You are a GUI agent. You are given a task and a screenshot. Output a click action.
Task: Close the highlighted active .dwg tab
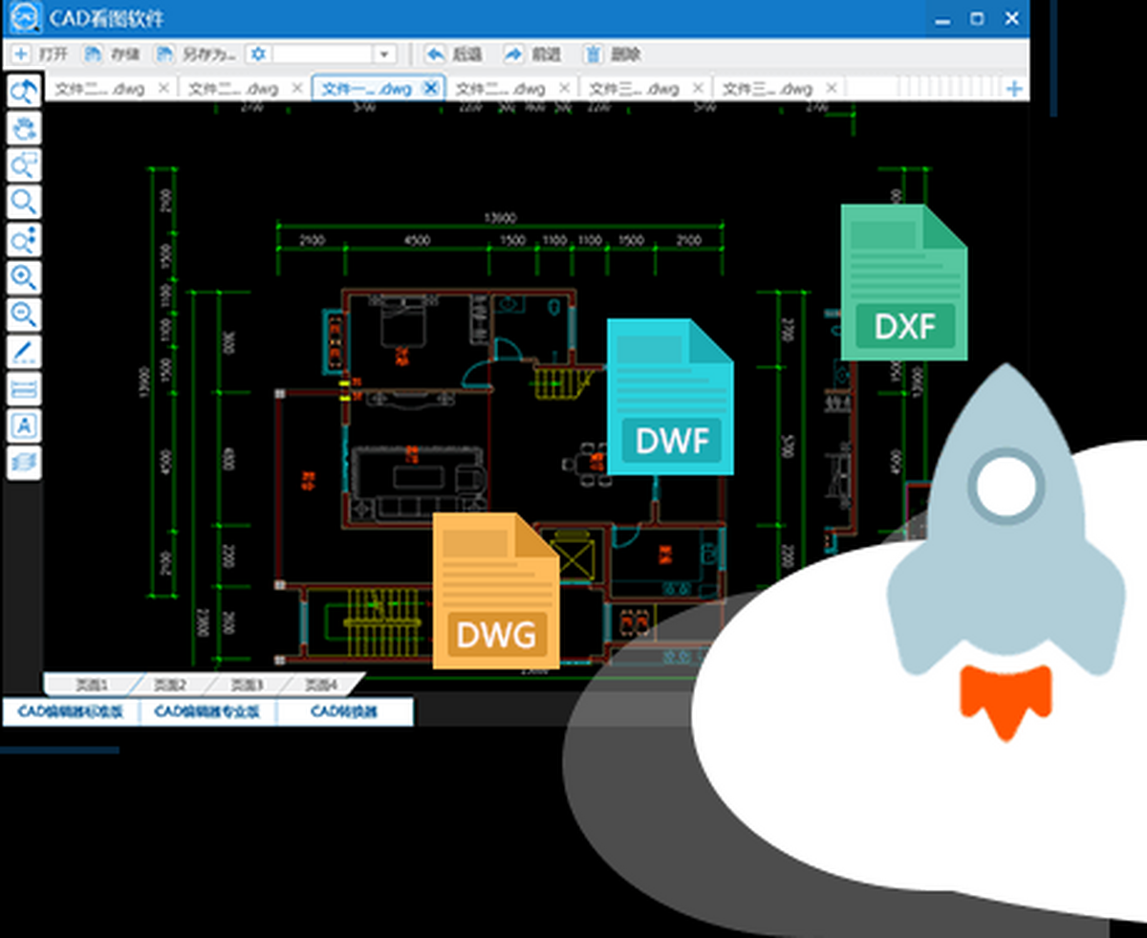tap(430, 88)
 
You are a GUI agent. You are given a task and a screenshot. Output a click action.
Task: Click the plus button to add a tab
tap(1014, 89)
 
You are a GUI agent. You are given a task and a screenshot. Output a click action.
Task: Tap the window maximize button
tap(976, 18)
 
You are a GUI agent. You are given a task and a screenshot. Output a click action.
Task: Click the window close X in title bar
tap(1011, 18)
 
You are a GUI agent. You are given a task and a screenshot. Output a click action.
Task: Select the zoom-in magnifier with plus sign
tap(23, 277)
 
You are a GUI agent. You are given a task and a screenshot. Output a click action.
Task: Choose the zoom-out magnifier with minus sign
tap(23, 313)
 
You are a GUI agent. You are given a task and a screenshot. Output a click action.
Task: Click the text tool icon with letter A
tap(23, 425)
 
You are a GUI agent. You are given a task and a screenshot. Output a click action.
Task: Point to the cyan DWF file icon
tap(669, 397)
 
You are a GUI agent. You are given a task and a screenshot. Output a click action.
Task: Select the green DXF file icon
tap(903, 283)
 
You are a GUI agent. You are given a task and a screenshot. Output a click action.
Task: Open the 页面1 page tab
tap(92, 685)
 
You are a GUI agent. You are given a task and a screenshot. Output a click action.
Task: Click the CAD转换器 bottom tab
tap(344, 711)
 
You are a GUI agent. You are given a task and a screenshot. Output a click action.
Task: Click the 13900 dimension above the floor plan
tap(501, 218)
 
